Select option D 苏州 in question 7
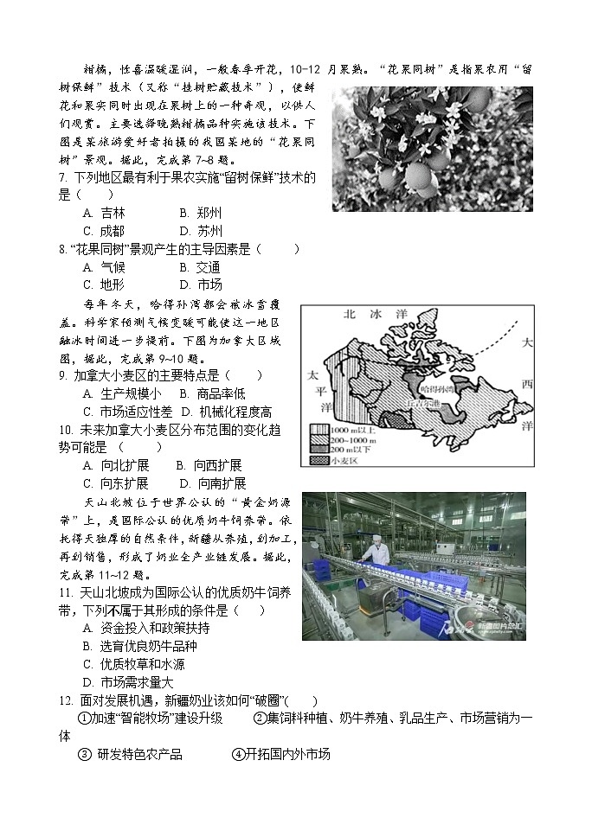[x=201, y=231]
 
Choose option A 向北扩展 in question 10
[x=115, y=465]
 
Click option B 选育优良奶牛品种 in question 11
[x=140, y=646]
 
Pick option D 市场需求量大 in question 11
[x=128, y=682]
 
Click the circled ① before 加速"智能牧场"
[x=84, y=718]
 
